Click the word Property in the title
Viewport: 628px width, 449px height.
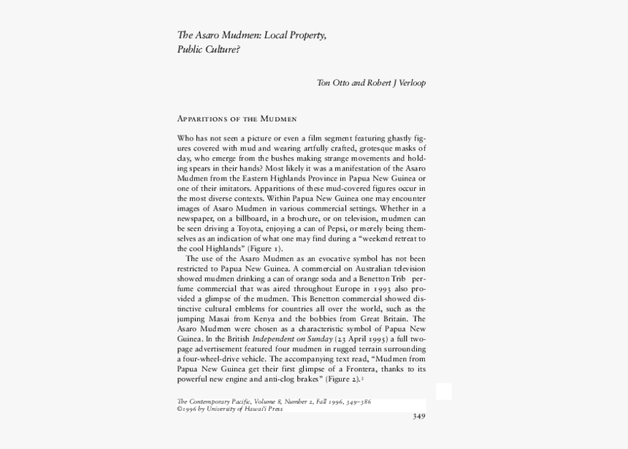[x=306, y=36]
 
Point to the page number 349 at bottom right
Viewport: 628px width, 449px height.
[x=418, y=417]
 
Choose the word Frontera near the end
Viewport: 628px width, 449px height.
[x=348, y=370]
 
